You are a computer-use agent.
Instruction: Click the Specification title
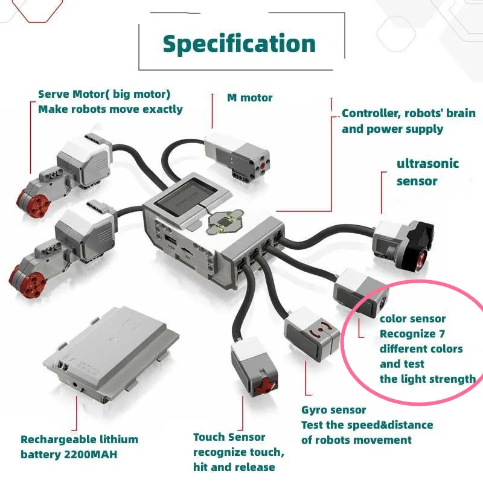click(x=239, y=44)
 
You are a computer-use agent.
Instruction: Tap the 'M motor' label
click(x=249, y=98)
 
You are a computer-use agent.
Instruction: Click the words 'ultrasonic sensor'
click(x=427, y=172)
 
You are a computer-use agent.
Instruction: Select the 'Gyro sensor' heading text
click(x=333, y=410)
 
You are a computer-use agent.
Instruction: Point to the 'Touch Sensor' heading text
click(x=229, y=437)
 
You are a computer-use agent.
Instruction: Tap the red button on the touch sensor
click(x=263, y=386)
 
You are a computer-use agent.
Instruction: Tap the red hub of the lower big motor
click(x=27, y=278)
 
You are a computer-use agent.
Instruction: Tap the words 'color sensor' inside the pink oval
click(x=412, y=319)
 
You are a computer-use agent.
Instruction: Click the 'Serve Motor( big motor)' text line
click(x=104, y=94)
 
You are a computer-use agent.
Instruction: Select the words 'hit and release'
click(x=234, y=467)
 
